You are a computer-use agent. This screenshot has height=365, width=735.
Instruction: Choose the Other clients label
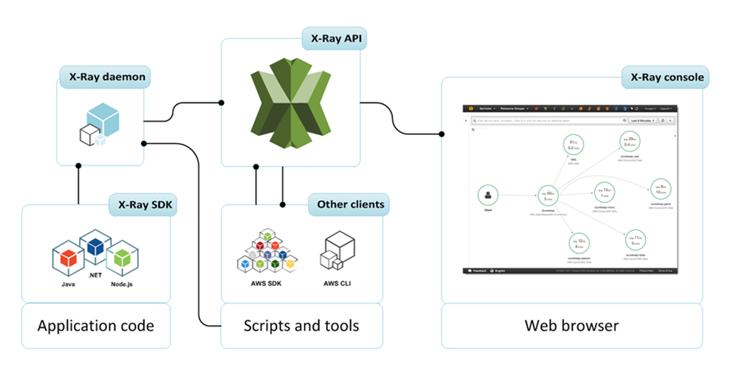click(x=351, y=204)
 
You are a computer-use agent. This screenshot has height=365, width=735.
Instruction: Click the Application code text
click(x=96, y=326)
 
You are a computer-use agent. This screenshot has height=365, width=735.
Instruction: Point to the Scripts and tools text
click(x=302, y=326)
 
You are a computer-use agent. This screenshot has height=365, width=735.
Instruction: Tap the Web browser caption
click(x=571, y=326)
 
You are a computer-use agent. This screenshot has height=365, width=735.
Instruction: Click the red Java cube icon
click(x=68, y=258)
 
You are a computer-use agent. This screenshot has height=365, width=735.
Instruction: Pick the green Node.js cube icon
click(x=122, y=258)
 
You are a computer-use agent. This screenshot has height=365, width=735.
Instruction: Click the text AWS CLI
click(x=337, y=285)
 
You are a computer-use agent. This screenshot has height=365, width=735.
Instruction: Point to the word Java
click(x=68, y=285)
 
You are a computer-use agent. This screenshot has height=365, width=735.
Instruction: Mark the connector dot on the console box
click(x=442, y=134)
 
